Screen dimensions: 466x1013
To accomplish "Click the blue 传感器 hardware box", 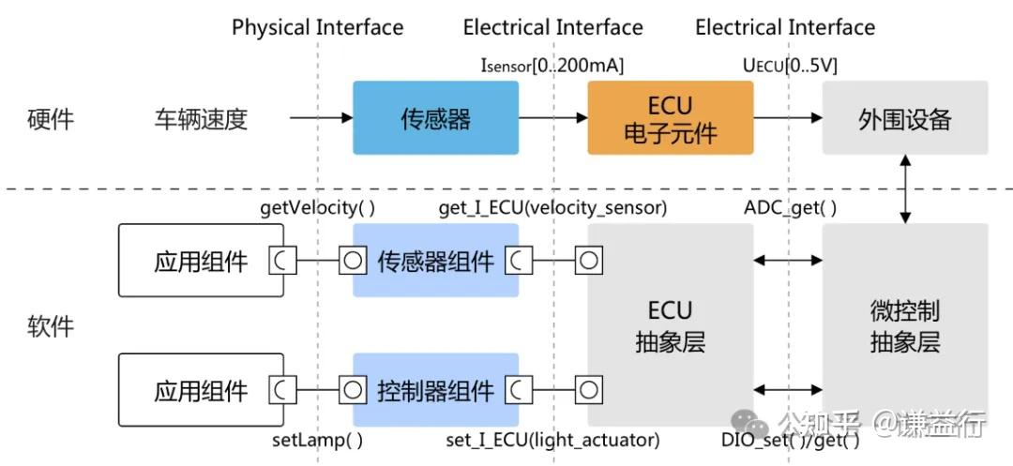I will tap(435, 118).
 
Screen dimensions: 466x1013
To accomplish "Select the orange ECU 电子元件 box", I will tap(670, 118).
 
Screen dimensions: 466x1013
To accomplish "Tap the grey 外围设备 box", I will tap(904, 118).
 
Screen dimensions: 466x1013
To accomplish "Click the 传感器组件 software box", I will tap(435, 261).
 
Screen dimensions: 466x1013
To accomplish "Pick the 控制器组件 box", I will tap(435, 389).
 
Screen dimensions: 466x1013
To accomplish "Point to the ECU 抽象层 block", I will tap(670, 324).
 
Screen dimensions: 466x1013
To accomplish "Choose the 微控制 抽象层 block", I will tap(904, 324).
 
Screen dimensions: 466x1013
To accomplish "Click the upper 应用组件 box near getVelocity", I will tap(201, 261).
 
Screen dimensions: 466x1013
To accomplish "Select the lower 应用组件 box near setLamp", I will tap(201, 389).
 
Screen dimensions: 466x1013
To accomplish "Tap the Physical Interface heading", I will tap(317, 27).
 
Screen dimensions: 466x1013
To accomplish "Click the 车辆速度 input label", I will tap(201, 119).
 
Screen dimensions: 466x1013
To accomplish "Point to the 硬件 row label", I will tap(51, 119).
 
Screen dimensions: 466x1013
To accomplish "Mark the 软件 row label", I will tap(51, 326).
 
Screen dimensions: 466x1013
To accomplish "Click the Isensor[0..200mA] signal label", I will tap(552, 66).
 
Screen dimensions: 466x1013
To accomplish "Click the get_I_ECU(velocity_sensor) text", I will tap(552, 208).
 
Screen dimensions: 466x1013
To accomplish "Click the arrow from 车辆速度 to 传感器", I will tap(321, 118).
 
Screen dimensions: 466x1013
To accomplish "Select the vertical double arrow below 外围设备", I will tap(905, 189).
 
